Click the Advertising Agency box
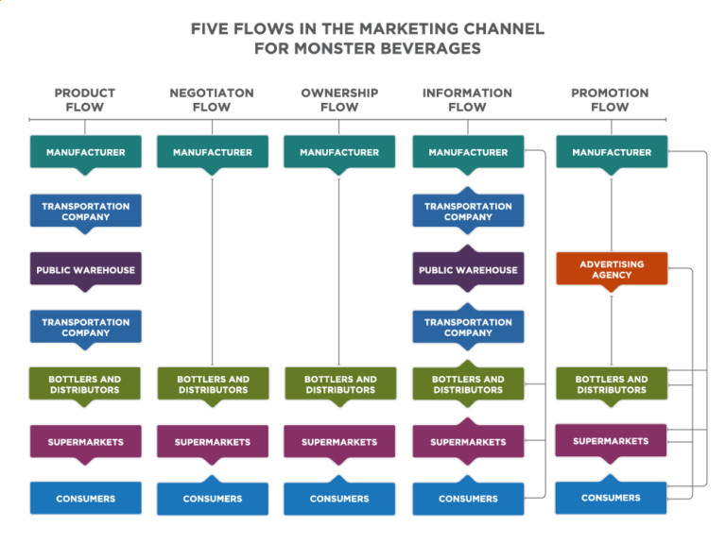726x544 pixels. pos(612,269)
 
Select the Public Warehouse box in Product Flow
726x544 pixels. pos(85,270)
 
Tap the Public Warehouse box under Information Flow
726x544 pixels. pos(468,270)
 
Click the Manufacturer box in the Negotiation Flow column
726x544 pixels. pos(213,152)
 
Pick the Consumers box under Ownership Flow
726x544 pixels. pos(339,499)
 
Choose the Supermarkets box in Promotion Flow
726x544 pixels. pos(611,441)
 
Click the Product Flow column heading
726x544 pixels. pos(85,100)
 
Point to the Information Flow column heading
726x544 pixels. pos(467,100)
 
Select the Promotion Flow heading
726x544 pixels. pos(610,100)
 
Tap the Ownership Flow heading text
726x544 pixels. pos(339,100)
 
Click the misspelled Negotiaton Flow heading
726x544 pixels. pos(212,100)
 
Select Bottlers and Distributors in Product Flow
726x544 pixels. pos(85,384)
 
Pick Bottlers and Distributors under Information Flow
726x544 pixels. pos(468,384)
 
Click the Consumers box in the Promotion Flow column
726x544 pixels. pos(611,498)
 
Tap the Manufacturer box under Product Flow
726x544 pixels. pos(85,152)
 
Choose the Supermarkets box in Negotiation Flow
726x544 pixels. pos(213,442)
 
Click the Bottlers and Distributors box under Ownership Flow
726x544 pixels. pos(339,384)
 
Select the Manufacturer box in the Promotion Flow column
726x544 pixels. pos(612,152)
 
